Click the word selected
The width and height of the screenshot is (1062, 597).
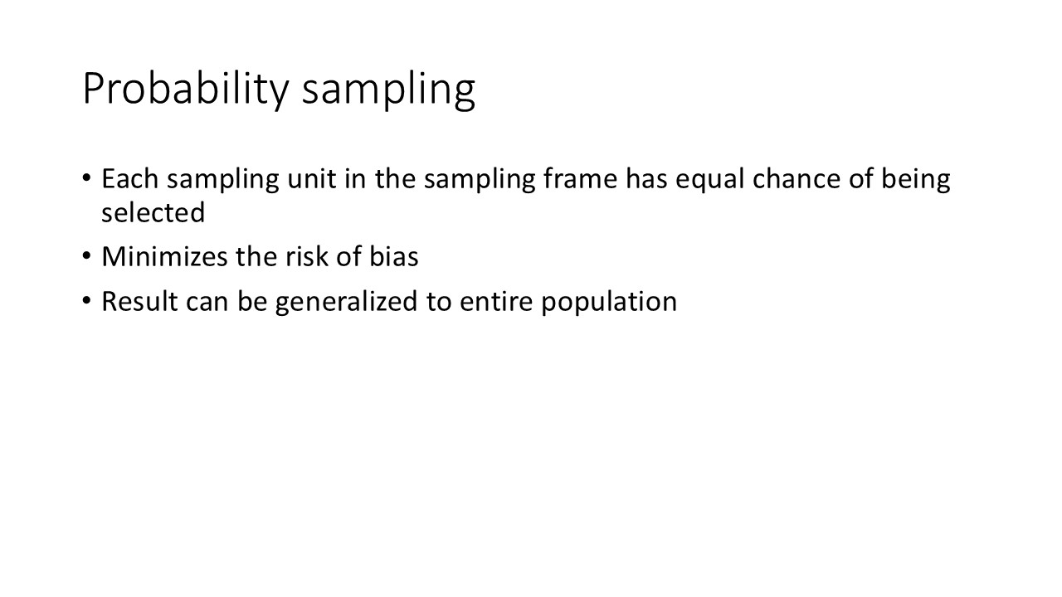[x=153, y=212]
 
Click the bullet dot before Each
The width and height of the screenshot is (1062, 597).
[x=87, y=179]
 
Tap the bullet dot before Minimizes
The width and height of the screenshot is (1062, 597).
[x=87, y=257]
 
